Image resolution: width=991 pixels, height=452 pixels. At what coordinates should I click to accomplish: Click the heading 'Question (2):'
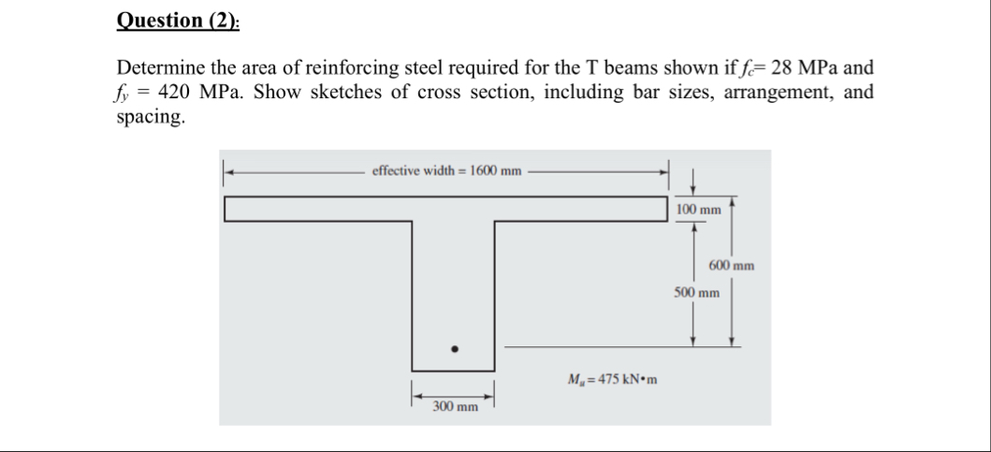178,21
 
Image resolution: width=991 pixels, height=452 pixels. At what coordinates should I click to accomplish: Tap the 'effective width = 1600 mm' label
446,170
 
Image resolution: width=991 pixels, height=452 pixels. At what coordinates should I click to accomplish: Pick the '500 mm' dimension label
697,292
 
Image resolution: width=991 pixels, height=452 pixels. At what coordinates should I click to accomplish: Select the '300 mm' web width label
456,407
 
